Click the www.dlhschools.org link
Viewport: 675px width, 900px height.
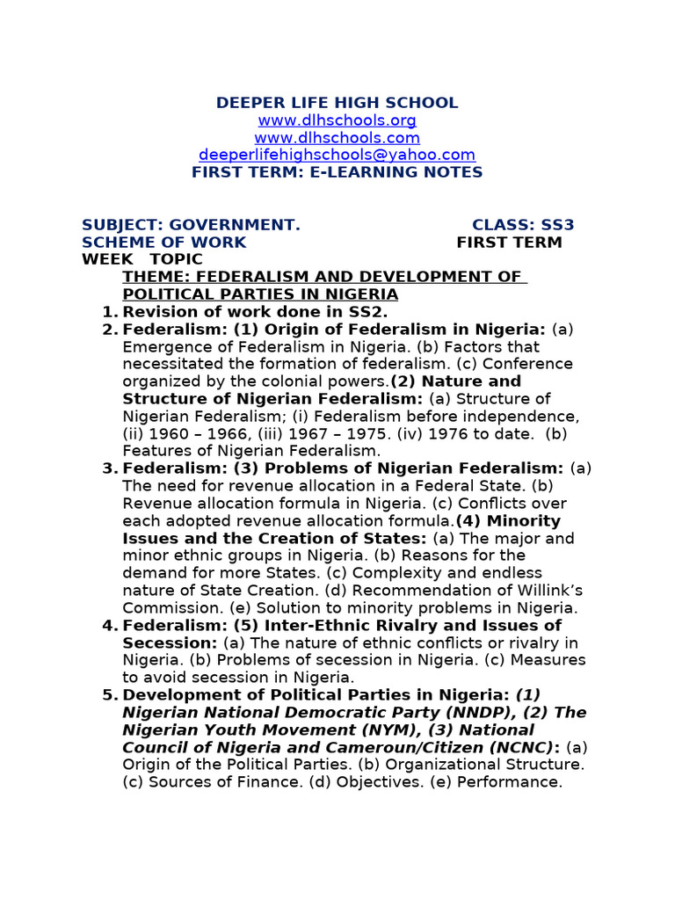click(x=337, y=120)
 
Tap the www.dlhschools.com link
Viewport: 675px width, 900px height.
click(x=337, y=138)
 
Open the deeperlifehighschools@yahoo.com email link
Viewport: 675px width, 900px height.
click(x=337, y=155)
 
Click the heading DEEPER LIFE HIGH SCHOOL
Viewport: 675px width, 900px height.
click(x=337, y=103)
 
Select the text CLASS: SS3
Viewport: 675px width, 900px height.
click(x=523, y=225)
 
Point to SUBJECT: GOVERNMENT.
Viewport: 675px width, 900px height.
click(x=191, y=225)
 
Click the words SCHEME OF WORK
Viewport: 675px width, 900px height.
click(x=164, y=243)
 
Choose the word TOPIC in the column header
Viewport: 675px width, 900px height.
click(x=176, y=259)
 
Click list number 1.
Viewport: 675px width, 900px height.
click(x=109, y=312)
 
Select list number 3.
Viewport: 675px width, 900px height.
click(x=109, y=468)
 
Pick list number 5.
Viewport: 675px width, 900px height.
click(x=109, y=695)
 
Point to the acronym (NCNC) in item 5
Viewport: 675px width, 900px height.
click(x=517, y=747)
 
